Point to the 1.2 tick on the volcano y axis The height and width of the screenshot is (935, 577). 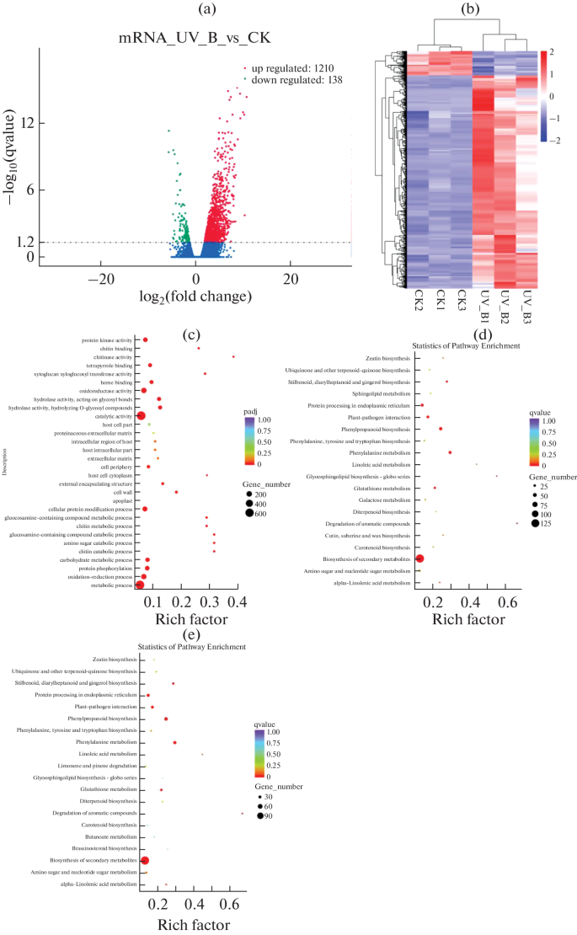[23, 242]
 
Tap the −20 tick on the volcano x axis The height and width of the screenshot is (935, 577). [101, 278]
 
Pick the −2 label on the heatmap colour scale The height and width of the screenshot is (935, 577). [558, 140]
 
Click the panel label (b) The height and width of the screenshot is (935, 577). [472, 10]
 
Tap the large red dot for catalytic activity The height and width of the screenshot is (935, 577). [141, 416]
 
